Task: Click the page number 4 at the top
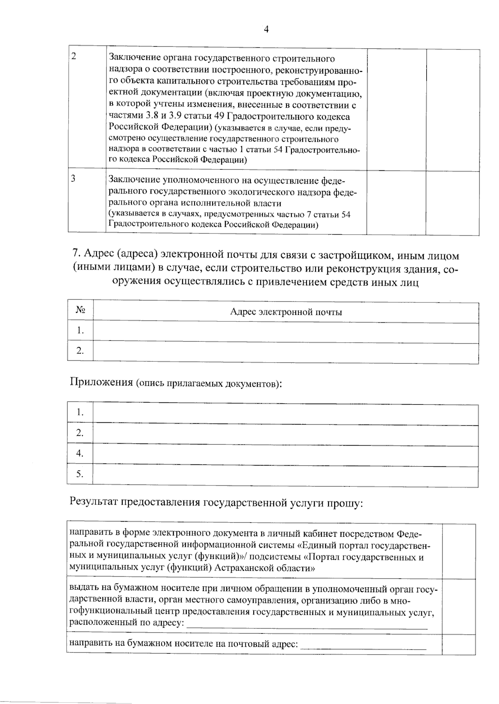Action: [x=266, y=29]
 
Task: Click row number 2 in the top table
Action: [x=74, y=57]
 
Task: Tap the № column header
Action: [x=80, y=310]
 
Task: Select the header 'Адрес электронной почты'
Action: [x=286, y=312]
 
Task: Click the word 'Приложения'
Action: [x=101, y=382]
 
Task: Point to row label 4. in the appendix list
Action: [x=80, y=454]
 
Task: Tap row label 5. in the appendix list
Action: [x=80, y=474]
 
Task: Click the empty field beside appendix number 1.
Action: [x=285, y=414]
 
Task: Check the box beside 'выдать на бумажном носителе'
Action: [x=459, y=606]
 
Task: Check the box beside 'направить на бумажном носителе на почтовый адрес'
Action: [x=459, y=644]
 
